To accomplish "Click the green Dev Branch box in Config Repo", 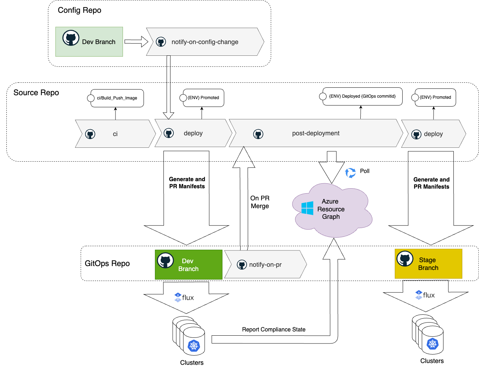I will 89,42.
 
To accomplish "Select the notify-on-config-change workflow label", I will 205,42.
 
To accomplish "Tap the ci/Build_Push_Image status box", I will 117,98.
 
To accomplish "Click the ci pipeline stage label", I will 115,134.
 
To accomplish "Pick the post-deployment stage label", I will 316,133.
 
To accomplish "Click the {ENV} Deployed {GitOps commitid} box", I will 362,96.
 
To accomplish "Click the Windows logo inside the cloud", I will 307,208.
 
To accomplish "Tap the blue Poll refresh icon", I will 350,173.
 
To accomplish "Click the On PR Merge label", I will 260,202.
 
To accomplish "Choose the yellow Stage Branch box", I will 428,264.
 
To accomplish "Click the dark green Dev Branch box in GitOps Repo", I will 188,265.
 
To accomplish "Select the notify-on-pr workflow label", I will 265,265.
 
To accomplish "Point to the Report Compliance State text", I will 274,330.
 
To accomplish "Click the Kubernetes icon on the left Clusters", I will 194,345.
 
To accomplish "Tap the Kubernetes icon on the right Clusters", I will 432,343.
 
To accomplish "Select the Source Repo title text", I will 36,93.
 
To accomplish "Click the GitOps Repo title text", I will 107,264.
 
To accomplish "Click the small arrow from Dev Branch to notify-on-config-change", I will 136,42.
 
